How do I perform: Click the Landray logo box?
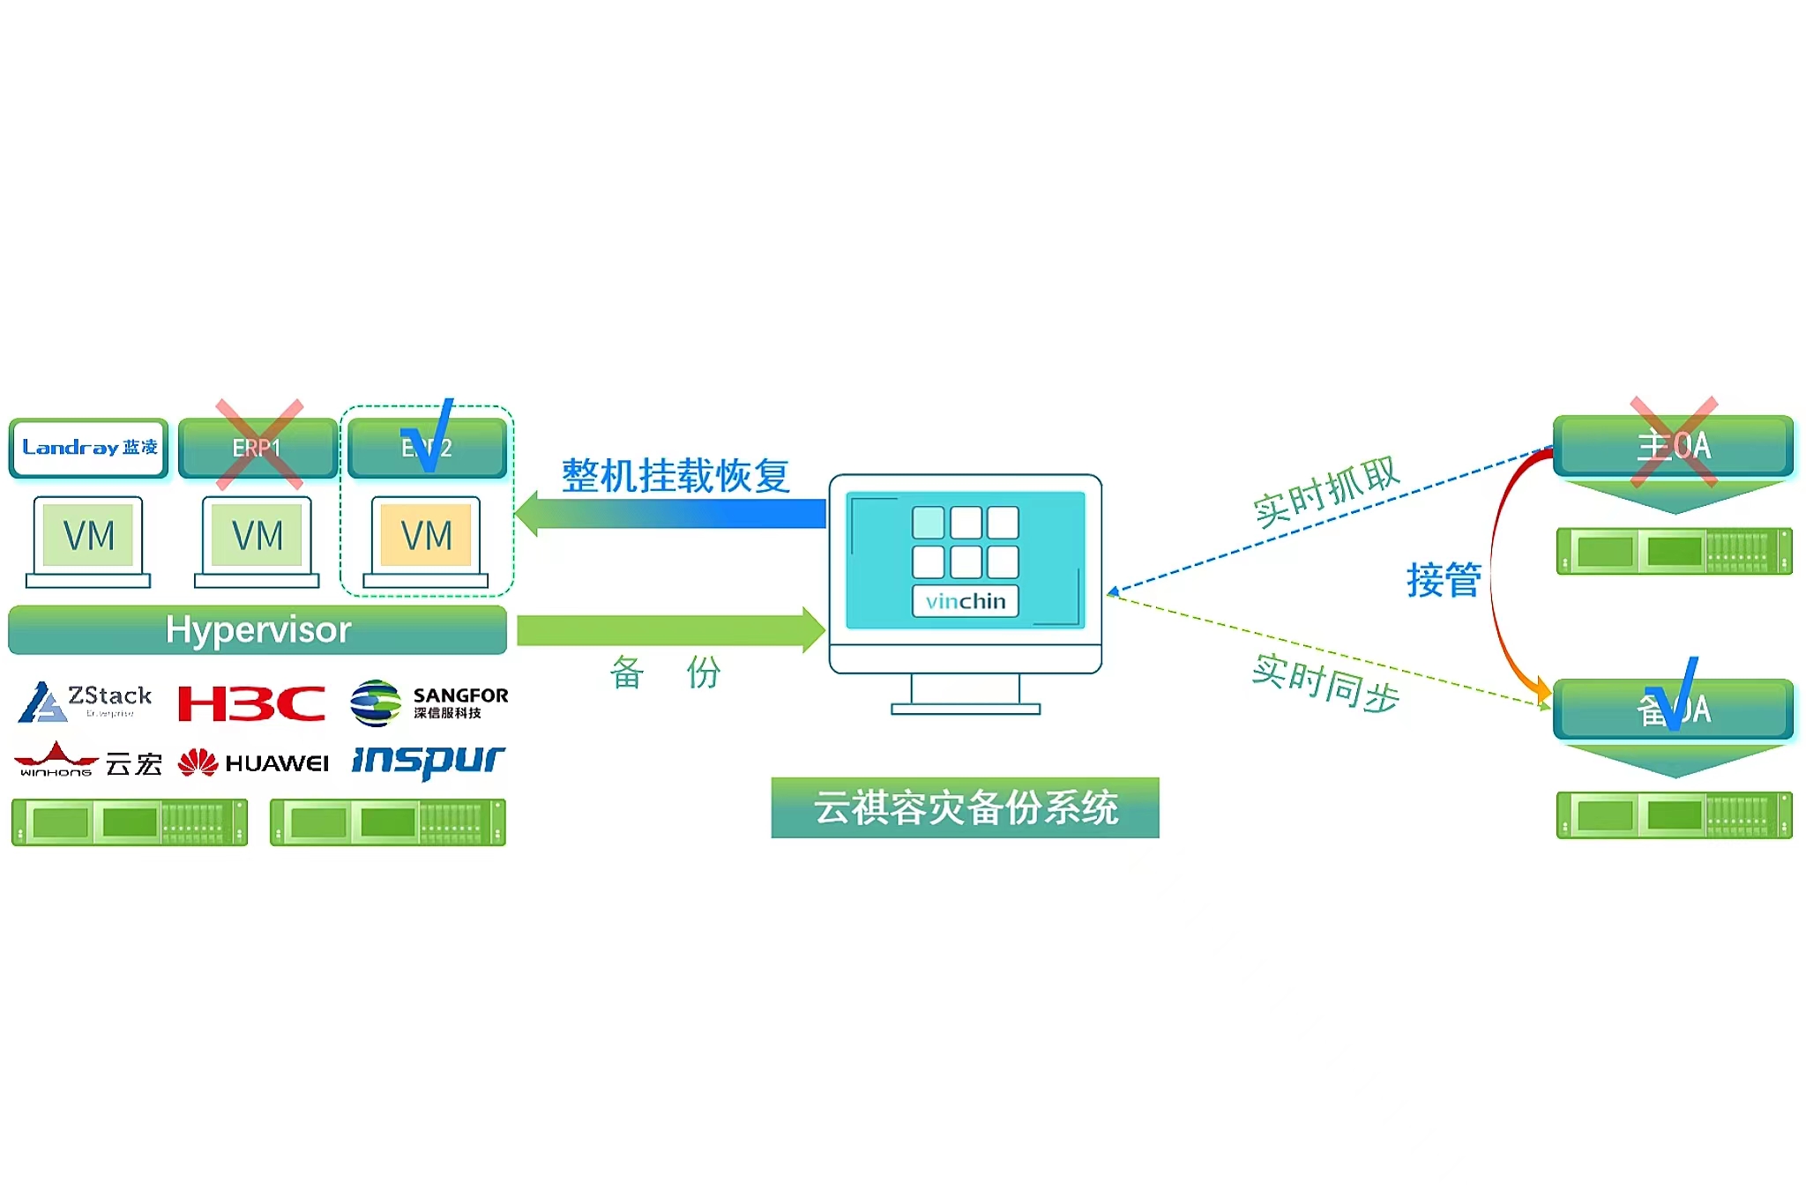pyautogui.click(x=89, y=448)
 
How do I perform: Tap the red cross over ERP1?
pyautogui.click(x=259, y=444)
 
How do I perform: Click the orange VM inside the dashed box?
pyautogui.click(x=426, y=535)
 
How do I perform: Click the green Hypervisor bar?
pyautogui.click(x=257, y=629)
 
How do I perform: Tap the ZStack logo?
pyautogui.click(x=86, y=702)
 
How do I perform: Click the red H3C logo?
pyautogui.click(x=251, y=703)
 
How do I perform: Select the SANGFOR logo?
pyautogui.click(x=429, y=702)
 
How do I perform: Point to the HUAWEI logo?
pyautogui.click(x=253, y=762)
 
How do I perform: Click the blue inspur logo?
pyautogui.click(x=428, y=761)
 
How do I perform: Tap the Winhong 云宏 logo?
pyautogui.click(x=88, y=761)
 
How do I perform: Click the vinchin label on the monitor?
pyautogui.click(x=965, y=601)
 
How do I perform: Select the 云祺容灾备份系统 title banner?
pyautogui.click(x=965, y=807)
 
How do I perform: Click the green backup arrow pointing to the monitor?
pyautogui.click(x=670, y=630)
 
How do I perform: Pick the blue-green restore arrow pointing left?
pyautogui.click(x=670, y=513)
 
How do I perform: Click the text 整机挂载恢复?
pyautogui.click(x=675, y=476)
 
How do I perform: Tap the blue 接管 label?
pyautogui.click(x=1443, y=580)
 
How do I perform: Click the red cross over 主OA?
pyautogui.click(x=1674, y=442)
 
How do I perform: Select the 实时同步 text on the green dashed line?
pyautogui.click(x=1325, y=683)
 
